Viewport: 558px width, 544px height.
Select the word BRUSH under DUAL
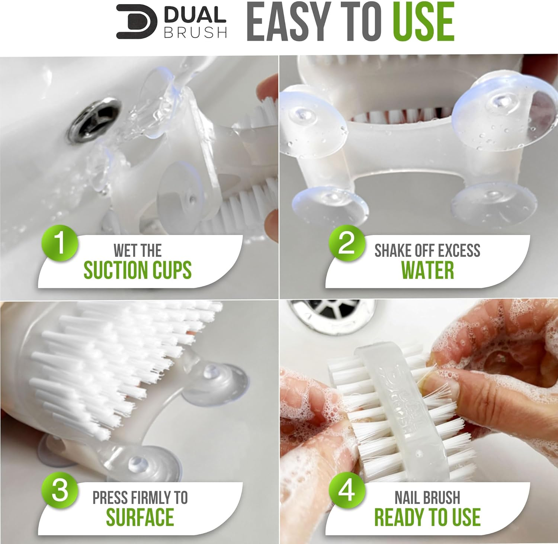click(x=196, y=33)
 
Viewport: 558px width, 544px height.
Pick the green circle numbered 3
click(x=60, y=490)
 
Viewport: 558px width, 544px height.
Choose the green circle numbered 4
click(x=347, y=490)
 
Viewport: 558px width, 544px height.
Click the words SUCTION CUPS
click(x=137, y=270)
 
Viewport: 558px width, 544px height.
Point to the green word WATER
click(x=427, y=270)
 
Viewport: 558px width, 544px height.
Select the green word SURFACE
click(x=140, y=517)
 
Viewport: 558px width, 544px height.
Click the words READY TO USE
click(x=427, y=517)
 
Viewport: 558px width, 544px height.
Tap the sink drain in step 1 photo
click(x=94, y=119)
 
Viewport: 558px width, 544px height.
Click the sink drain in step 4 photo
click(x=331, y=315)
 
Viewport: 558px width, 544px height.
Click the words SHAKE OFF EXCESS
click(x=427, y=251)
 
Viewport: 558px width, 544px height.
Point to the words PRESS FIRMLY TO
click(x=140, y=498)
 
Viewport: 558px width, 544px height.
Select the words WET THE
click(x=137, y=251)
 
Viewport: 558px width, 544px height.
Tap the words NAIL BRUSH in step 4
click(x=427, y=498)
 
